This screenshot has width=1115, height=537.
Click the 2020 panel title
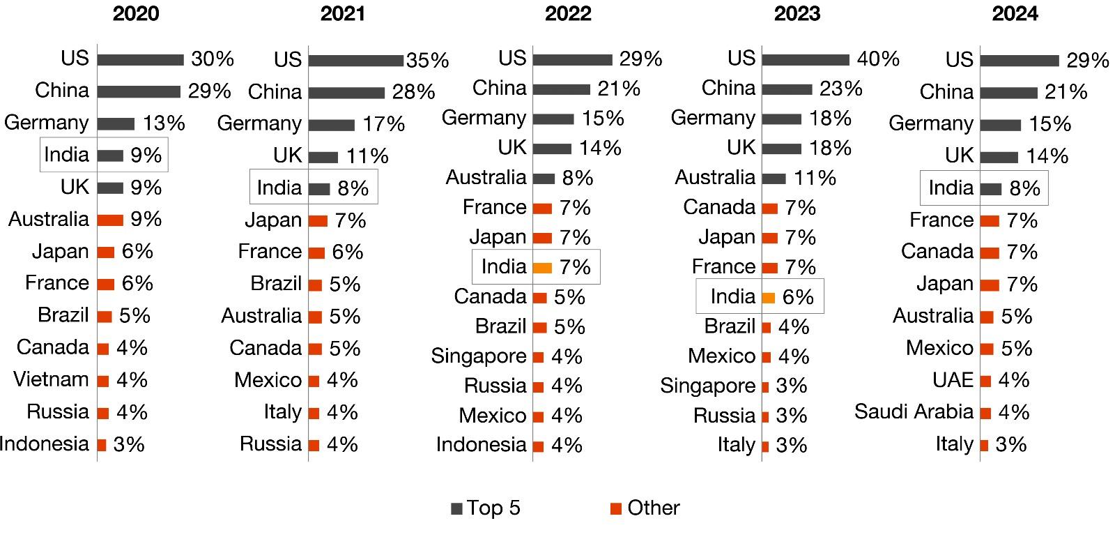(135, 14)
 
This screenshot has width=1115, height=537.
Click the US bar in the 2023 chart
(805, 60)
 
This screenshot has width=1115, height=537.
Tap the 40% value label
(878, 59)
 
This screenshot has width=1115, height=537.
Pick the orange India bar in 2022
(543, 268)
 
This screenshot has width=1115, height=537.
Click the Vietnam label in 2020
(51, 379)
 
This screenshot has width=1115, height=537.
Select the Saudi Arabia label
(914, 411)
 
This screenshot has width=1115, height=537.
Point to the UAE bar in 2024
(985, 381)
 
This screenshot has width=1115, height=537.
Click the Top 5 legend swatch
(457, 509)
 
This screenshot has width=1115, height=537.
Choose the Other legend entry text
(653, 508)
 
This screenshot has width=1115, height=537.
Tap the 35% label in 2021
(427, 61)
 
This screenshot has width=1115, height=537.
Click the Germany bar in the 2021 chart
(332, 126)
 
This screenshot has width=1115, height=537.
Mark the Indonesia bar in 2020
(102, 445)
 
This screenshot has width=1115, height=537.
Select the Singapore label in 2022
(479, 356)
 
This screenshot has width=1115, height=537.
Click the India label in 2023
(732, 297)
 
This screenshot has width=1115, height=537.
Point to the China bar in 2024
(1008, 93)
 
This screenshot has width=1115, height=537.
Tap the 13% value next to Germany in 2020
(164, 123)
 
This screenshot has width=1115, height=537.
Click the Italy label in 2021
(282, 412)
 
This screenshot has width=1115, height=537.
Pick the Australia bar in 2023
(774, 179)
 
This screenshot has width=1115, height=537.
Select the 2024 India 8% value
(1024, 188)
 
